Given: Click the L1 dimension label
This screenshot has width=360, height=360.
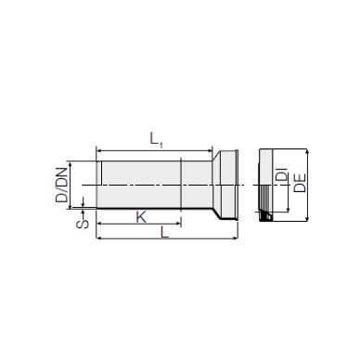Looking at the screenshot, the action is tap(156, 139).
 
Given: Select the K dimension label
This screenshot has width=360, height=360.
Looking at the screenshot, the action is tap(141, 217).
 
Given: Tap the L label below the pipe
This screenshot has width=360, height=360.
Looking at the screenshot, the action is tap(164, 232).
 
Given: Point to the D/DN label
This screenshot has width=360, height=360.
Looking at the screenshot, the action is tap(61, 185).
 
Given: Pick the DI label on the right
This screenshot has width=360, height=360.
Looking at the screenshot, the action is tap(281, 174).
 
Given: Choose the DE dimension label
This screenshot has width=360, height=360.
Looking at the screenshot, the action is tap(300, 183).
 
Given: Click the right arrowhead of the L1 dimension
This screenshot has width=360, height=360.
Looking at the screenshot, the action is tap(211, 151).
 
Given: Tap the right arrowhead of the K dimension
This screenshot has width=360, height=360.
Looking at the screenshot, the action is tap(178, 223).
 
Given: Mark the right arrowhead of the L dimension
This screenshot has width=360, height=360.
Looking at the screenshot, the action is tap(236, 238).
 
